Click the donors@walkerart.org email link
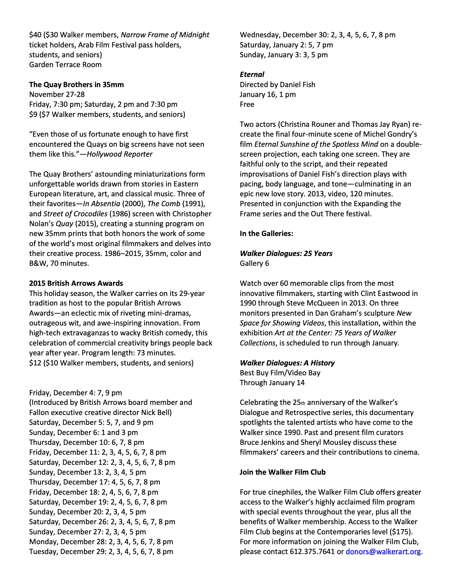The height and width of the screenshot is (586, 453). click(x=383, y=551)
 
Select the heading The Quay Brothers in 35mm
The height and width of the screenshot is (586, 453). click(x=76, y=84)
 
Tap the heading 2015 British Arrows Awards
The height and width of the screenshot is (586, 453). click(x=76, y=283)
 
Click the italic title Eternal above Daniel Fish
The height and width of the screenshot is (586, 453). click(x=252, y=75)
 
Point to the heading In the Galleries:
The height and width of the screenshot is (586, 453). click(x=266, y=233)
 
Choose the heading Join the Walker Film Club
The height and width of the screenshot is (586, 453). click(x=282, y=472)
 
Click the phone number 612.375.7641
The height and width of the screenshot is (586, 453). click(x=312, y=551)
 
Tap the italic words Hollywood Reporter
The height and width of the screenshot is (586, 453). click(x=119, y=154)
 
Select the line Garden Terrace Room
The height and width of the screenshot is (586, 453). click(x=65, y=65)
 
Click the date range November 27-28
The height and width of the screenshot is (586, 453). click(x=57, y=95)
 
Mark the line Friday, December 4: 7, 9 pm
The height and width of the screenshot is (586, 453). click(x=75, y=393)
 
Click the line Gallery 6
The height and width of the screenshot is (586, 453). click(x=254, y=263)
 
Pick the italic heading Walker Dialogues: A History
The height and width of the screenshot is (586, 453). click(x=287, y=363)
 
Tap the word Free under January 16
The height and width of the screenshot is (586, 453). click(x=247, y=104)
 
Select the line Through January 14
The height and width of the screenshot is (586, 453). click(x=272, y=382)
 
